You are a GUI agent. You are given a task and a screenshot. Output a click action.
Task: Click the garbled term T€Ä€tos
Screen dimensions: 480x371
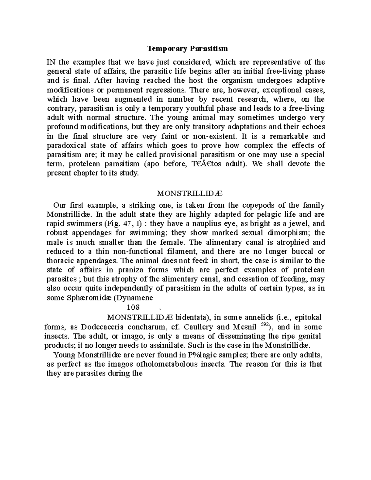(x=204, y=164)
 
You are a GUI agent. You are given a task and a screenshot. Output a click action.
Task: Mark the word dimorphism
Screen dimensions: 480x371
(x=285, y=233)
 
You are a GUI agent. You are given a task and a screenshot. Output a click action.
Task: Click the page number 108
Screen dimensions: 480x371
(x=133, y=307)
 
